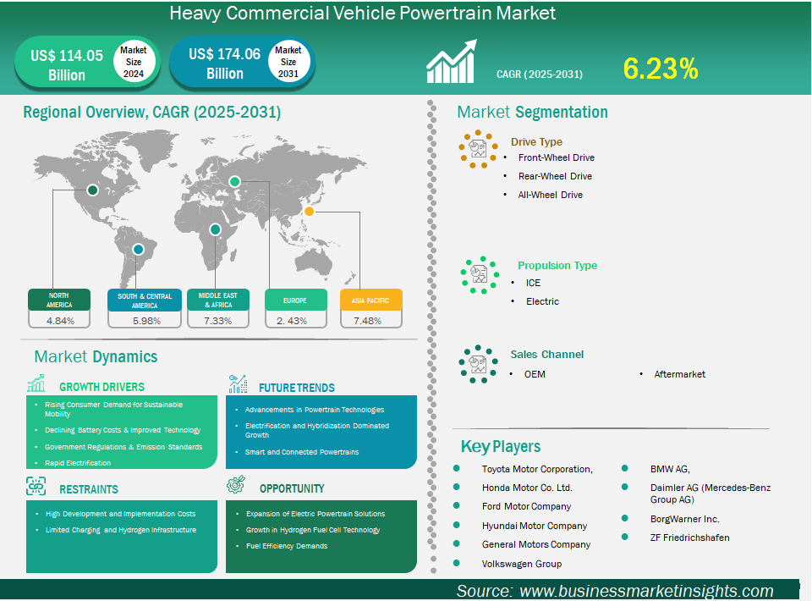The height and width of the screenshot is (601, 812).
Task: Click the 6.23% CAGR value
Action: (661, 69)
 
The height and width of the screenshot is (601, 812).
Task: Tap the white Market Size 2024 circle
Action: (134, 62)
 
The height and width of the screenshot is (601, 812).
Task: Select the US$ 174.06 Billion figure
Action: (225, 63)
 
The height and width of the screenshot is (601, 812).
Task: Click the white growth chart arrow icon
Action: (451, 61)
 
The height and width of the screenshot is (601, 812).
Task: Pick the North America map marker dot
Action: (93, 190)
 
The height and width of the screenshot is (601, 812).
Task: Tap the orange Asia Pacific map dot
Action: (310, 211)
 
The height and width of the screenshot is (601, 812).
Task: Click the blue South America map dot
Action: (138, 250)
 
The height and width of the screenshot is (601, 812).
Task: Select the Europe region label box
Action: (296, 300)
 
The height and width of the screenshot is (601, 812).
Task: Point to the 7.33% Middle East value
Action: (217, 321)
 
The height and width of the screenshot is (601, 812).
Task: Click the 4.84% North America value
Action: (60, 321)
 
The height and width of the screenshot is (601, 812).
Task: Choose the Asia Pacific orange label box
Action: (370, 300)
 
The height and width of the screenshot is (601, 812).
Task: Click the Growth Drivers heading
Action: (101, 387)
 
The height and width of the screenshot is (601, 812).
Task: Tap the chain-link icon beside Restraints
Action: (36, 487)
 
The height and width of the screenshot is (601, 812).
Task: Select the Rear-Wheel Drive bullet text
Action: (555, 176)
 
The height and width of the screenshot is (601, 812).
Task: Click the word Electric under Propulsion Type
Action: (542, 301)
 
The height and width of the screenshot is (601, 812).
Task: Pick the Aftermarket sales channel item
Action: (679, 374)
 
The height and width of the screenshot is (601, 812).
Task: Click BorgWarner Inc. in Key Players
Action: (684, 519)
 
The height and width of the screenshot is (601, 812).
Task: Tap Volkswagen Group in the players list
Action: (522, 564)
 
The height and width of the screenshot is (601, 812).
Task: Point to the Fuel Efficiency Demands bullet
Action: (287, 546)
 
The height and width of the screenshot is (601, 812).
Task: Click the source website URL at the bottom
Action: (646, 591)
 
